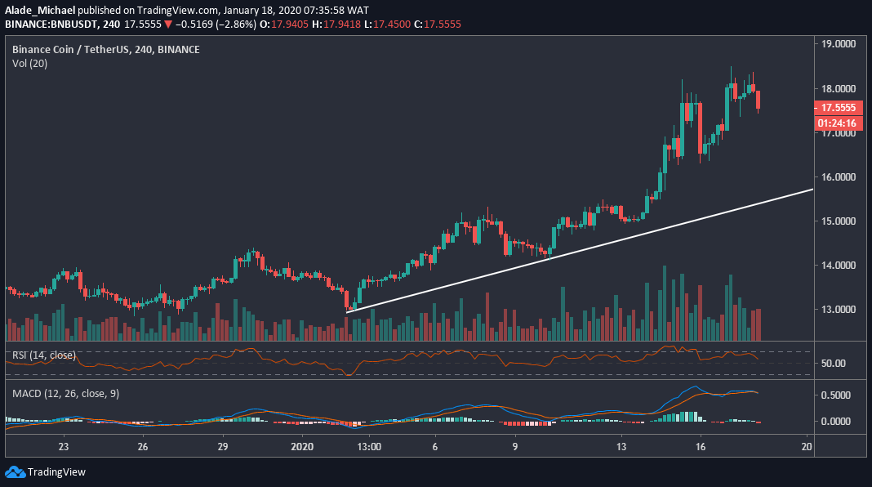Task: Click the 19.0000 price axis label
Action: click(842, 44)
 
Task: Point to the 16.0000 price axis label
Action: click(842, 176)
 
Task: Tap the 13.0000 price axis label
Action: click(842, 310)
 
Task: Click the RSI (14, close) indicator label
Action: click(44, 355)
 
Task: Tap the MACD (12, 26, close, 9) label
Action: click(65, 394)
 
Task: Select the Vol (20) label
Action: click(29, 63)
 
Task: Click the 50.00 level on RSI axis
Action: click(835, 364)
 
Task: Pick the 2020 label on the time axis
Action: click(302, 447)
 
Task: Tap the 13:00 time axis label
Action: click(370, 447)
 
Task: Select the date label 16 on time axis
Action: click(701, 447)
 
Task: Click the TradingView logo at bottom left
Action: click(46, 472)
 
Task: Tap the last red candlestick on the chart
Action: click(759, 100)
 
